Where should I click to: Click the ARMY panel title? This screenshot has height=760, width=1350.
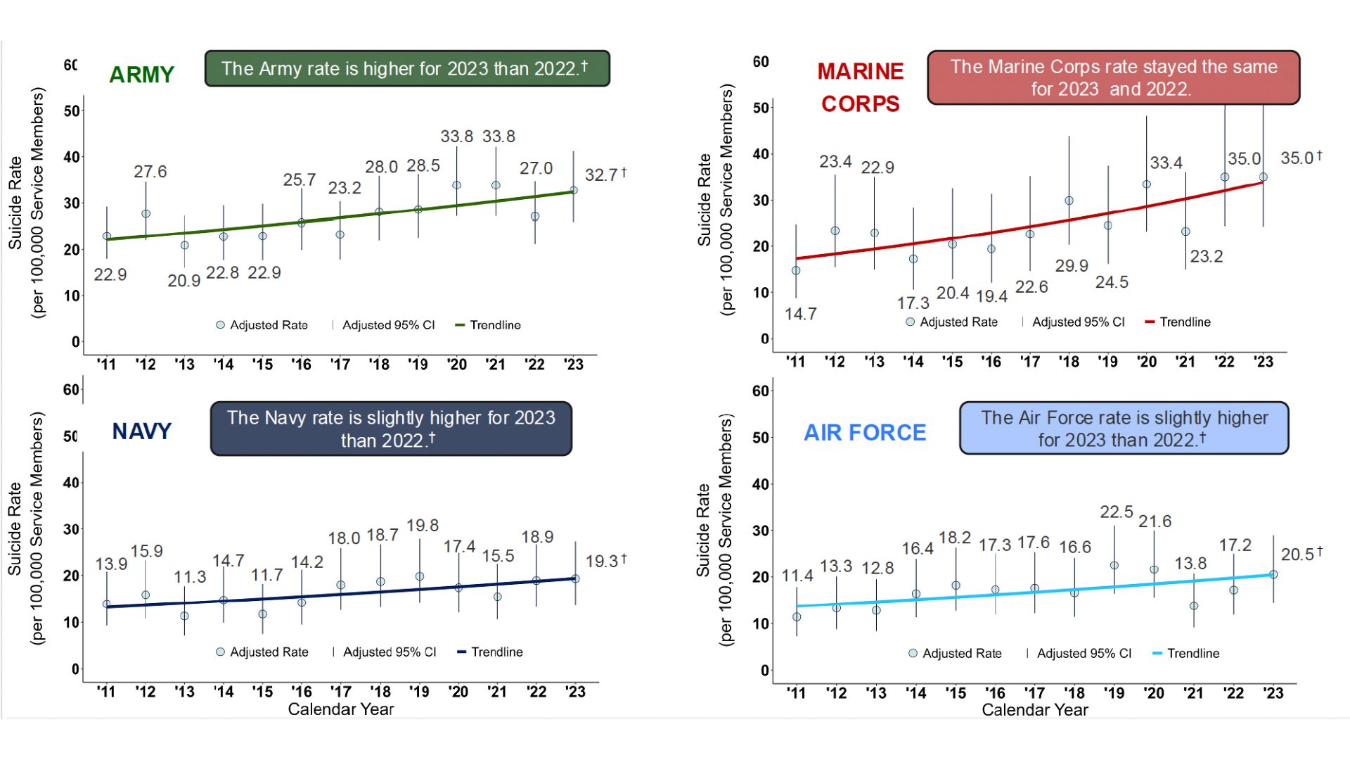pyautogui.click(x=141, y=75)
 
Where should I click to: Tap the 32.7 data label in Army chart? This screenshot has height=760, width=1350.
pyautogui.click(x=600, y=175)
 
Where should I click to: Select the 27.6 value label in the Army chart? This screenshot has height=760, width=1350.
pyautogui.click(x=150, y=172)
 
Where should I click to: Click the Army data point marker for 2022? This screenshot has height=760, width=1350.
pyautogui.click(x=535, y=217)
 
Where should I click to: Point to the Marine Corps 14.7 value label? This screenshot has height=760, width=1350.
pyautogui.click(x=800, y=314)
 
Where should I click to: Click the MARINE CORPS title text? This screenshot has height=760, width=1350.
pyautogui.click(x=860, y=87)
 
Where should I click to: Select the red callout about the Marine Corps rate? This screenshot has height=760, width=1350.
pyautogui.click(x=1113, y=77)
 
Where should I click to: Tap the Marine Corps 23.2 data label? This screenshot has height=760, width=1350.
pyautogui.click(x=1206, y=256)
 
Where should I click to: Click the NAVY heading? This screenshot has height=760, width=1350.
pyautogui.click(x=141, y=431)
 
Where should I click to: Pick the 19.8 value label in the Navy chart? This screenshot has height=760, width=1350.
pyautogui.click(x=422, y=526)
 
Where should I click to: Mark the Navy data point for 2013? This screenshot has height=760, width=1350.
pyautogui.click(x=184, y=616)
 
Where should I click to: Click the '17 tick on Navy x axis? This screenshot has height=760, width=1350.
pyautogui.click(x=340, y=692)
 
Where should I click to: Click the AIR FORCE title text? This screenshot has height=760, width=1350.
pyautogui.click(x=865, y=433)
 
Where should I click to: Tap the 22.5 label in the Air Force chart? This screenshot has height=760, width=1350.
pyautogui.click(x=1116, y=512)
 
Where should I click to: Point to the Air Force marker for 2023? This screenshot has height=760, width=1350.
pyautogui.click(x=1273, y=574)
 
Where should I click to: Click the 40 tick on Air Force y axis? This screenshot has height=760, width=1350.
pyautogui.click(x=761, y=484)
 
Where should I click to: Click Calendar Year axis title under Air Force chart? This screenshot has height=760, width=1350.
pyautogui.click(x=1034, y=710)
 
